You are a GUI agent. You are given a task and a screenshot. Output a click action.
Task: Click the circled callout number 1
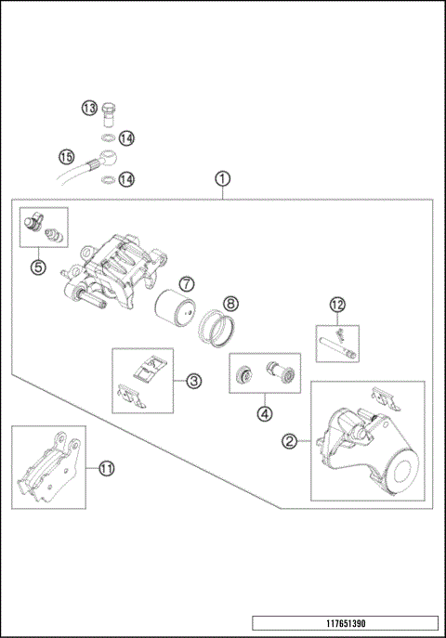point(222,177)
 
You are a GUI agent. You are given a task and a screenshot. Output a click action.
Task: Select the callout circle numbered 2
point(290,441)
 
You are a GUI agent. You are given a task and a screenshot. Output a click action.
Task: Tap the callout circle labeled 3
point(193,380)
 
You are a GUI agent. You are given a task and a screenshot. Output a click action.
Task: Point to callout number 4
point(266,413)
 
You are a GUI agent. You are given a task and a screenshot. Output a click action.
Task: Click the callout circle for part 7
point(187,282)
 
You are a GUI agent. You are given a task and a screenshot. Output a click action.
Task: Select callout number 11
point(106,469)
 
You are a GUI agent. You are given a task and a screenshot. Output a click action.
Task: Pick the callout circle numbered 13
point(89,109)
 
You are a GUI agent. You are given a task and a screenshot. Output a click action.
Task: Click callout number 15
point(66,156)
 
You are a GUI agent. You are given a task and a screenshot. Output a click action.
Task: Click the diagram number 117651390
point(344,623)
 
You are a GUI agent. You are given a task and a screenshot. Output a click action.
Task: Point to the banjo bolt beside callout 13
point(109,111)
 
